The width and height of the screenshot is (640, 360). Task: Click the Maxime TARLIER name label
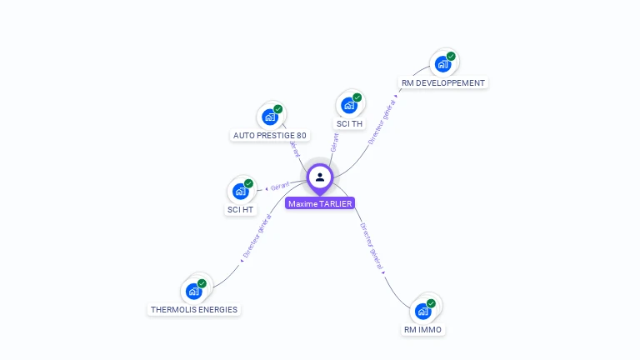click(x=320, y=203)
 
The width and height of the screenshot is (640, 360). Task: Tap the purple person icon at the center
click(x=320, y=177)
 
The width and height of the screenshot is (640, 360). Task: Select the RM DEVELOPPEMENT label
click(x=442, y=82)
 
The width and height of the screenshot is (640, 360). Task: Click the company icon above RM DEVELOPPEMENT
click(x=442, y=64)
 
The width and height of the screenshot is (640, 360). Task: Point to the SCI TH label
click(x=350, y=123)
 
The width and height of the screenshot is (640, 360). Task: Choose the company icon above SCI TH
click(x=349, y=105)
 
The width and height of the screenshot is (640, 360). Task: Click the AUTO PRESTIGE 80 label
click(x=269, y=135)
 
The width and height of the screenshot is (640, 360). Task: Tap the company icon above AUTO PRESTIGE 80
click(x=269, y=117)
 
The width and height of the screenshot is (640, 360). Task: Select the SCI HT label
click(x=240, y=209)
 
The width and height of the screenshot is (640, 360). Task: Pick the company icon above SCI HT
click(x=240, y=191)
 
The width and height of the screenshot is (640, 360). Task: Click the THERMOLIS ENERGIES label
click(x=194, y=309)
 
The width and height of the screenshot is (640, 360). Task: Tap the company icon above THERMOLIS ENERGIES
click(x=194, y=291)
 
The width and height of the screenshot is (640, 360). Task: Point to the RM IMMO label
click(x=422, y=329)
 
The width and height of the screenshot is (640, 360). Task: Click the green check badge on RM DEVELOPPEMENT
click(x=451, y=57)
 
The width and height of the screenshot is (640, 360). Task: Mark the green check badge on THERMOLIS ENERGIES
click(x=202, y=283)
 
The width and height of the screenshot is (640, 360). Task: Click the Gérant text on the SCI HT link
click(x=280, y=186)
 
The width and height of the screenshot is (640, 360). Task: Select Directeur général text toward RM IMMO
click(x=372, y=247)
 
